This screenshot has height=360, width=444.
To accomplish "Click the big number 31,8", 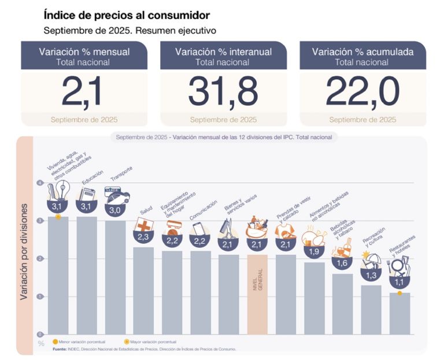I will click(223, 93).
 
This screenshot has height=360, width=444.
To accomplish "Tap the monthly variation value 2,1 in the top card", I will click(84, 93).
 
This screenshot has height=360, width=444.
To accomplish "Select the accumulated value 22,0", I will click(362, 93).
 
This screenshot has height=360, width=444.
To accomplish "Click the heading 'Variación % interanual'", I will click(223, 52).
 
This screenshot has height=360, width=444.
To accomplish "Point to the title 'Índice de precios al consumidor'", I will click(127, 14).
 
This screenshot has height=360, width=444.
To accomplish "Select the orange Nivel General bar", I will click(258, 294).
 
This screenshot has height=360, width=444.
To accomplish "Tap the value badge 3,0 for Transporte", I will click(115, 211).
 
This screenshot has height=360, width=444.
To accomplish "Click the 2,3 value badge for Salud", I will click(143, 236).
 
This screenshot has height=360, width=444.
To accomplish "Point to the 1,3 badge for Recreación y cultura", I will click(371, 274).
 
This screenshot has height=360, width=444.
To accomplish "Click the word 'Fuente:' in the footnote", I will click(60, 349).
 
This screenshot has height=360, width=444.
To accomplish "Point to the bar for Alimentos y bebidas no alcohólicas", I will click(314, 298).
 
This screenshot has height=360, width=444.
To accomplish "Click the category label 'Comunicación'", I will click(203, 211).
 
